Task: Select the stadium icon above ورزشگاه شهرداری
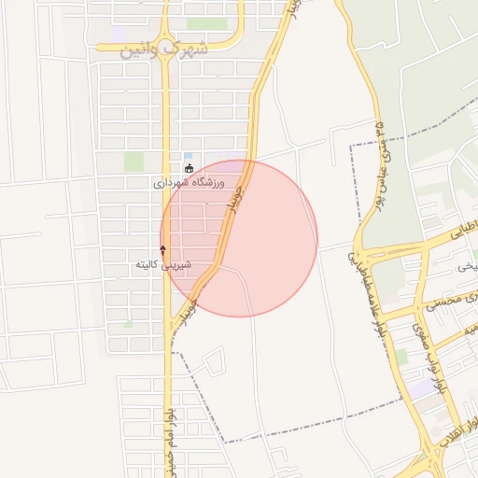coord(190,169)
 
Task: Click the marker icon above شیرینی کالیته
coord(163,249)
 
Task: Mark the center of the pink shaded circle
coord(239,238)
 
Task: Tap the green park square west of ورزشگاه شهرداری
coord(134,162)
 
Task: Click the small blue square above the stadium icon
coord(189,156)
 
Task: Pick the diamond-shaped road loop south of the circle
coord(215,359)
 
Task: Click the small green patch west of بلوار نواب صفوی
coord(401,357)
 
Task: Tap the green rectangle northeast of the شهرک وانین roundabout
coord(206,24)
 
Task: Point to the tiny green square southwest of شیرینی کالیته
coord(128,324)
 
